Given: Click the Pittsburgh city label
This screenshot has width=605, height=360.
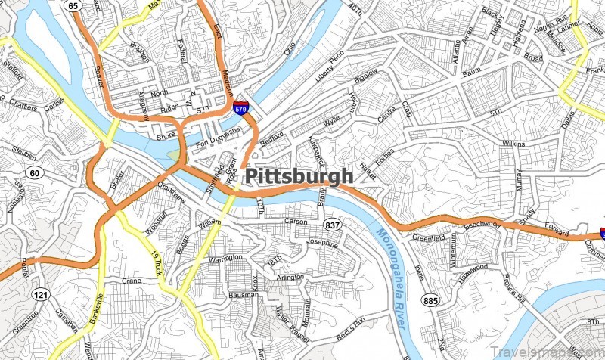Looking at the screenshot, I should [299, 176].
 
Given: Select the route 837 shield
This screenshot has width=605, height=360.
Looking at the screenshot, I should [332, 225].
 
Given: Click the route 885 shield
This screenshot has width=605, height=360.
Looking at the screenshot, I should [431, 301].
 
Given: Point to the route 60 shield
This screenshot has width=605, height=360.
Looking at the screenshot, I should [35, 173].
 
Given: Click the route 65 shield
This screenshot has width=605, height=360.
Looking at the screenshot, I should [73, 6].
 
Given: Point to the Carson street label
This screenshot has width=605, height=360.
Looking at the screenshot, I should [296, 222].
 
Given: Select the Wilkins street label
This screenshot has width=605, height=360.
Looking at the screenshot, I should [513, 142].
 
